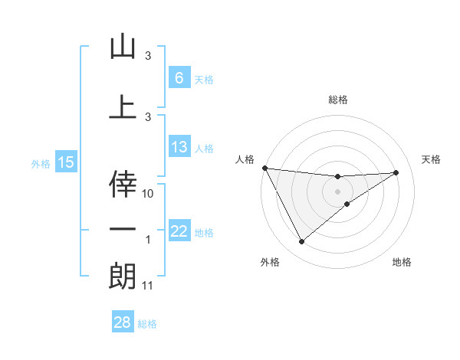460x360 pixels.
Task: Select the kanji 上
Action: pos(123,106)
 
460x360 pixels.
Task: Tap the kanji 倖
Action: pos(123,182)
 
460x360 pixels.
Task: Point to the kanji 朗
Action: pos(123,276)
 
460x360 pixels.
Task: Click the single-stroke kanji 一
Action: pos(123,230)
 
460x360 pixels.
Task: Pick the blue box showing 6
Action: pos(179,77)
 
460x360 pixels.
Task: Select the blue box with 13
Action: pos(179,147)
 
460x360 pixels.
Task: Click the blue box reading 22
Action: pos(179,231)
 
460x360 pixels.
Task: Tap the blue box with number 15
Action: pos(65,162)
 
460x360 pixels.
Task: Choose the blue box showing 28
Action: pos(123,322)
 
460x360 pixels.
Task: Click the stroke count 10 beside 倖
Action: pos(149,193)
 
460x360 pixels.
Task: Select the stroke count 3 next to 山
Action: pos(148,57)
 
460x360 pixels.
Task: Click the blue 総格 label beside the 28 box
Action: pos(147,324)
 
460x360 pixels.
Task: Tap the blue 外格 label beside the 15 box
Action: pos(40,163)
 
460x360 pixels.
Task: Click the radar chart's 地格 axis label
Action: pos(402,262)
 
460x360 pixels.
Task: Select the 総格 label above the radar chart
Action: pos(338,100)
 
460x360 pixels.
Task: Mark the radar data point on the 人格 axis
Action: pos(264,168)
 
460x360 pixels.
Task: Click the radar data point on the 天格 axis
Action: pos(396,172)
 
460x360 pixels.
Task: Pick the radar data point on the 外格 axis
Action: pos(301,242)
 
